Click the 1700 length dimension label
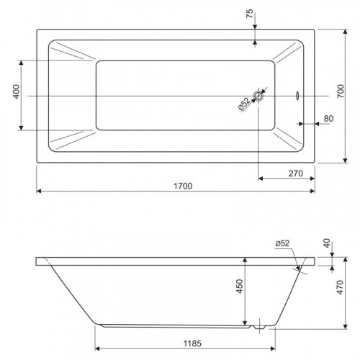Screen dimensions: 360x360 [183, 186]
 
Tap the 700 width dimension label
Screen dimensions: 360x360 [341, 91]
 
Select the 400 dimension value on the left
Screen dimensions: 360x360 [17, 91]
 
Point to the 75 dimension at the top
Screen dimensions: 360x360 [250, 14]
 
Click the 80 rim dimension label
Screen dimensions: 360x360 [328, 119]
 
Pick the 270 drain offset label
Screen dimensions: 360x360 [296, 174]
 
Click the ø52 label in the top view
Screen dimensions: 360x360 [244, 104]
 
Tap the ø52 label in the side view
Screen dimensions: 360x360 [282, 243]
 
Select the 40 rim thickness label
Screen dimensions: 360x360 [327, 243]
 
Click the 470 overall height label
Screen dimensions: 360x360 [340, 287]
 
